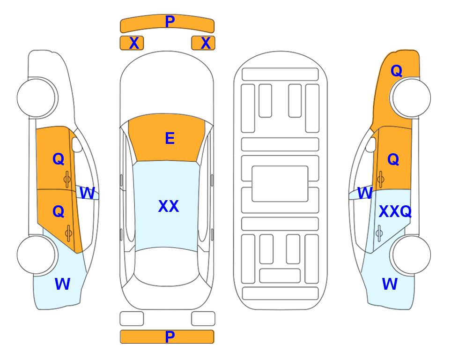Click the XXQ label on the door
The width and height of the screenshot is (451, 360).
pyautogui.click(x=395, y=212)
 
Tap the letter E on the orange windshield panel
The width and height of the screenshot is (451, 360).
pyautogui.click(x=170, y=138)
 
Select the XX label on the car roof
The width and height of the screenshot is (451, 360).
pyautogui.click(x=169, y=206)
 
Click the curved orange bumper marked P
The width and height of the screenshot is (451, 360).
pyautogui.click(x=167, y=23)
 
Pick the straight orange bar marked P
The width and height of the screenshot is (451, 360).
pyautogui.click(x=167, y=337)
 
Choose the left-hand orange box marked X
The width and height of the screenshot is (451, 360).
pyautogui.click(x=132, y=43)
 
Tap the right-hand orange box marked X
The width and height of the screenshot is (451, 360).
pyautogui.click(x=203, y=43)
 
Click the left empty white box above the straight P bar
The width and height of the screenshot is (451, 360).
pyautogui.click(x=132, y=319)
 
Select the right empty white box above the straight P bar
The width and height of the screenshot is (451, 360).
pyautogui.click(x=203, y=319)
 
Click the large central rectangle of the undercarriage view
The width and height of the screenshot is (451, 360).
pyautogui.click(x=280, y=184)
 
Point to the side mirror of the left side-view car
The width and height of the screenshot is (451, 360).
pyautogui.click(x=77, y=145)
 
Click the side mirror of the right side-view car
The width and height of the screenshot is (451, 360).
pyautogui.click(x=371, y=145)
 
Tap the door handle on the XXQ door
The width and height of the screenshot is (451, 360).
pyautogui.click(x=379, y=233)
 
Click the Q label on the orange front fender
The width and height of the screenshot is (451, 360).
pyautogui.click(x=396, y=71)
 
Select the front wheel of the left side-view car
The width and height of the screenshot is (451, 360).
pyautogui.click(x=37, y=97)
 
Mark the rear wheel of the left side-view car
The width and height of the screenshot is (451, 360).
pyautogui.click(x=37, y=255)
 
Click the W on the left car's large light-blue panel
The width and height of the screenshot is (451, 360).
pyautogui.click(x=62, y=284)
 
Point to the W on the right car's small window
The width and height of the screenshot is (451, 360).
pyautogui.click(x=365, y=193)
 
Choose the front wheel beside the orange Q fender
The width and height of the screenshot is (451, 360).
pyautogui.click(x=411, y=97)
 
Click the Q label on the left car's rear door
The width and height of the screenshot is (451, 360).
pyautogui.click(x=59, y=211)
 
